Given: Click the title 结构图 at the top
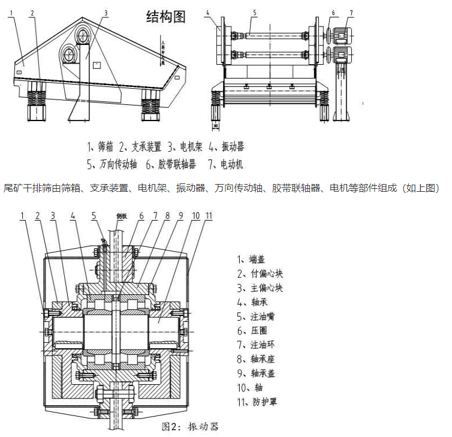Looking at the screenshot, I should click(166, 17).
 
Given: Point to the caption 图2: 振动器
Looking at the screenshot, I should click(190, 427).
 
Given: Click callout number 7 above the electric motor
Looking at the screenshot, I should click(351, 12).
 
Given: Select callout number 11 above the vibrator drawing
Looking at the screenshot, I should click(207, 215).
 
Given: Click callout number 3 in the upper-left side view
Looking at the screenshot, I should click(106, 12).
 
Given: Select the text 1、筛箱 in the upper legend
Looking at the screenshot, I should click(100, 146).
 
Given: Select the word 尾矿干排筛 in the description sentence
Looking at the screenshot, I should click(23, 188).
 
